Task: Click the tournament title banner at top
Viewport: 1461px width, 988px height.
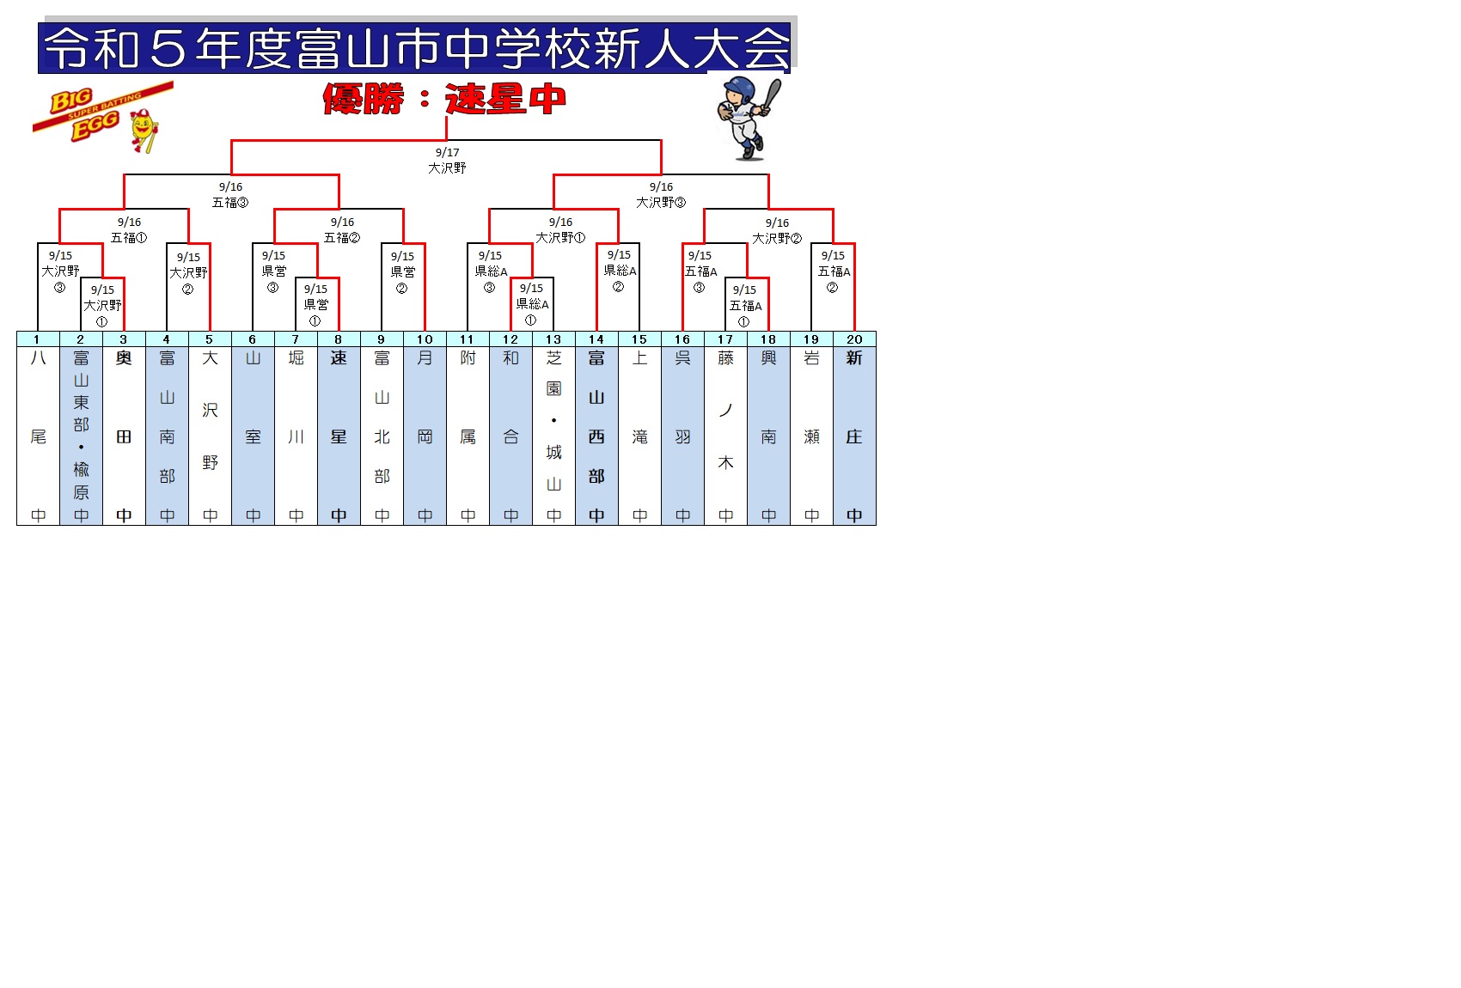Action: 415,47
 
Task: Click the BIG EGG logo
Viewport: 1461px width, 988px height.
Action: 101,116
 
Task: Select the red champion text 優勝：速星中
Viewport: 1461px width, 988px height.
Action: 444,99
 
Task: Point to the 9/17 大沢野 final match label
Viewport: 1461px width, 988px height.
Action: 447,161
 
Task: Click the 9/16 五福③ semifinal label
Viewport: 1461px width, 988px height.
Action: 230,195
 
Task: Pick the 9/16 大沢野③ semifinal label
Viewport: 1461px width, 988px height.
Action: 661,195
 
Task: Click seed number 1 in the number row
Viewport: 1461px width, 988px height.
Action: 38,339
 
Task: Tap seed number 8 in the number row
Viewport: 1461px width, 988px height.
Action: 339,339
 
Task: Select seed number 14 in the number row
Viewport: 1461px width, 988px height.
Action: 596,339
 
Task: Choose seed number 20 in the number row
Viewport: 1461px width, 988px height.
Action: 854,339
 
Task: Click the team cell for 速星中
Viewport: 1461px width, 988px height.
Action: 339,436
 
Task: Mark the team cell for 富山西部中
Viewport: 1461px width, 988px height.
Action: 596,436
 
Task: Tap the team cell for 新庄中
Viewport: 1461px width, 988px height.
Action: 854,436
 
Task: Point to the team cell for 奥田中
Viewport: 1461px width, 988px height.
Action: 124,436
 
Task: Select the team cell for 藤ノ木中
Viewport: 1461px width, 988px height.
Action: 725,436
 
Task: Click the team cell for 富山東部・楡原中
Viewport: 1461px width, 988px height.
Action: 81,436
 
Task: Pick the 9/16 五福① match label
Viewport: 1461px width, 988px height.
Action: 129,230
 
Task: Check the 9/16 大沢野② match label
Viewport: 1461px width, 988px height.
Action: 777,231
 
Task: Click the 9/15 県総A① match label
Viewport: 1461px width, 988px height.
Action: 532,304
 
